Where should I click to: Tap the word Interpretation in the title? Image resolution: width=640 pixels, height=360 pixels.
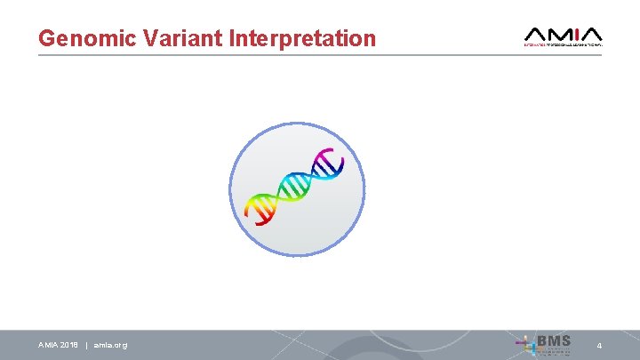tap(302, 39)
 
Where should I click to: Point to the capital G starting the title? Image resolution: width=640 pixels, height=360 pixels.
tap(47, 39)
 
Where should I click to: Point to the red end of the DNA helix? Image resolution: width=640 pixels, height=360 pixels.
tap(253, 212)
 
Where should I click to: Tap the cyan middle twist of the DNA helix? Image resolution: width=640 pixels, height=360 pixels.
tap(293, 186)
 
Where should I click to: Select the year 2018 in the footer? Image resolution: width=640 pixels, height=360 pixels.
tap(70, 345)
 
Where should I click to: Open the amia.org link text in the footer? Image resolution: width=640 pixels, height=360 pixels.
tap(110, 345)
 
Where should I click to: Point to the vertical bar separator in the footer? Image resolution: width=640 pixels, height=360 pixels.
tap(86, 345)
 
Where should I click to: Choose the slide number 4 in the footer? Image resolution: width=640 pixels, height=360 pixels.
tap(599, 345)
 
